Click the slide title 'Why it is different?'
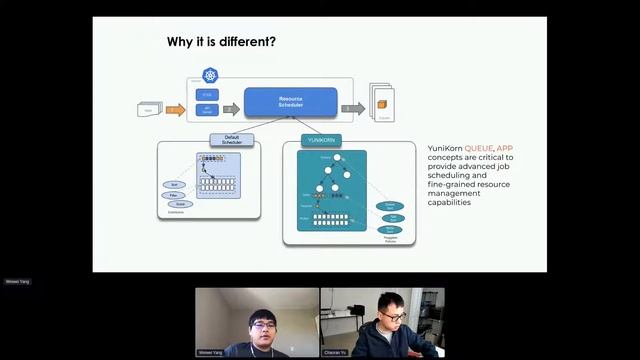tap(221, 42)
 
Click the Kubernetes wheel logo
tap(210, 75)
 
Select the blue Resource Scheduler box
tap(291, 101)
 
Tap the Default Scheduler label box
tap(232, 140)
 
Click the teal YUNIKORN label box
tap(322, 140)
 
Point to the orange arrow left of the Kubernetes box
tap(175, 109)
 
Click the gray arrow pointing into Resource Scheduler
tap(231, 109)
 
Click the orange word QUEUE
tap(486, 148)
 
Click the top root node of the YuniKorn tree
tap(339, 158)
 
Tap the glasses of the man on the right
tap(395, 317)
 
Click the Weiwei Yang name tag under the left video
tap(213, 353)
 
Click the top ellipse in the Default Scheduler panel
tap(175, 185)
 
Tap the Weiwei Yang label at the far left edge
tap(18, 282)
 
